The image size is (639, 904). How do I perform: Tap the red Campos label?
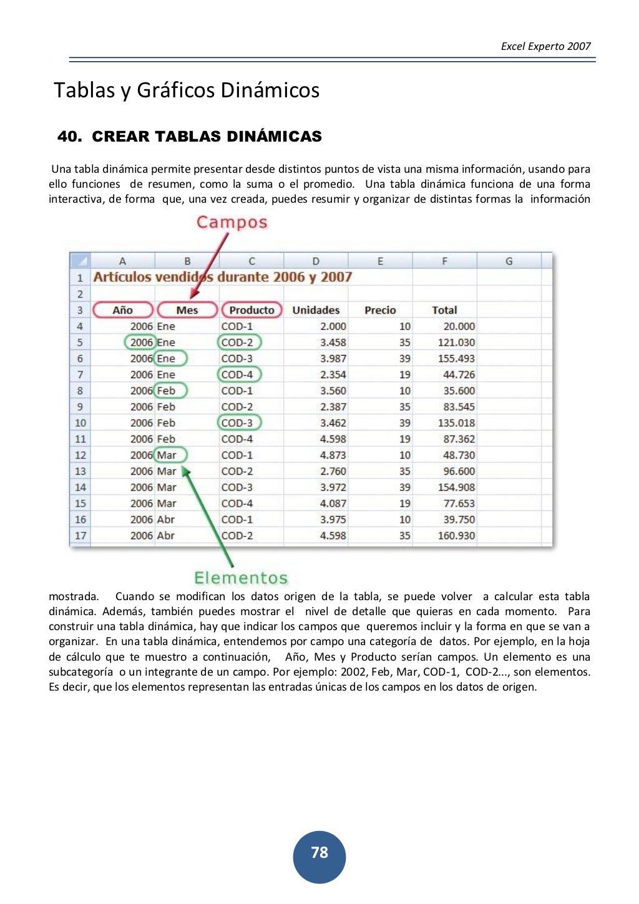tap(232, 223)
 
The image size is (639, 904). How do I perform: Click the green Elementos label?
tap(241, 578)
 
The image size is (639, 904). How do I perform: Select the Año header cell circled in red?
tap(123, 310)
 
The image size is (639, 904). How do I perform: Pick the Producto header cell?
tap(251, 310)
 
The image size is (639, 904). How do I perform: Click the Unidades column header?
tap(316, 310)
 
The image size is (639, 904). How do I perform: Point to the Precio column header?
tap(380, 310)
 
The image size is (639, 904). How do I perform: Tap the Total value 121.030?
tap(456, 343)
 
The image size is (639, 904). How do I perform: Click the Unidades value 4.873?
tap(333, 455)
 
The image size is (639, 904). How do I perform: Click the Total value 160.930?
tap(456, 536)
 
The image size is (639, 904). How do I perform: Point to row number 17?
tap(80, 536)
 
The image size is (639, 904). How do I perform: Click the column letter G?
tap(509, 261)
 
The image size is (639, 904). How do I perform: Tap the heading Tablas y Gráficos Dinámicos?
tap(187, 90)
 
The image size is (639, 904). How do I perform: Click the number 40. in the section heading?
tap(69, 137)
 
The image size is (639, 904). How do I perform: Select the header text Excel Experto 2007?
tap(545, 46)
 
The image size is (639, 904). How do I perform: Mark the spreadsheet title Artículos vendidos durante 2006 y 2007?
tap(223, 277)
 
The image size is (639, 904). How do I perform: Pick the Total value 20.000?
tap(459, 326)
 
